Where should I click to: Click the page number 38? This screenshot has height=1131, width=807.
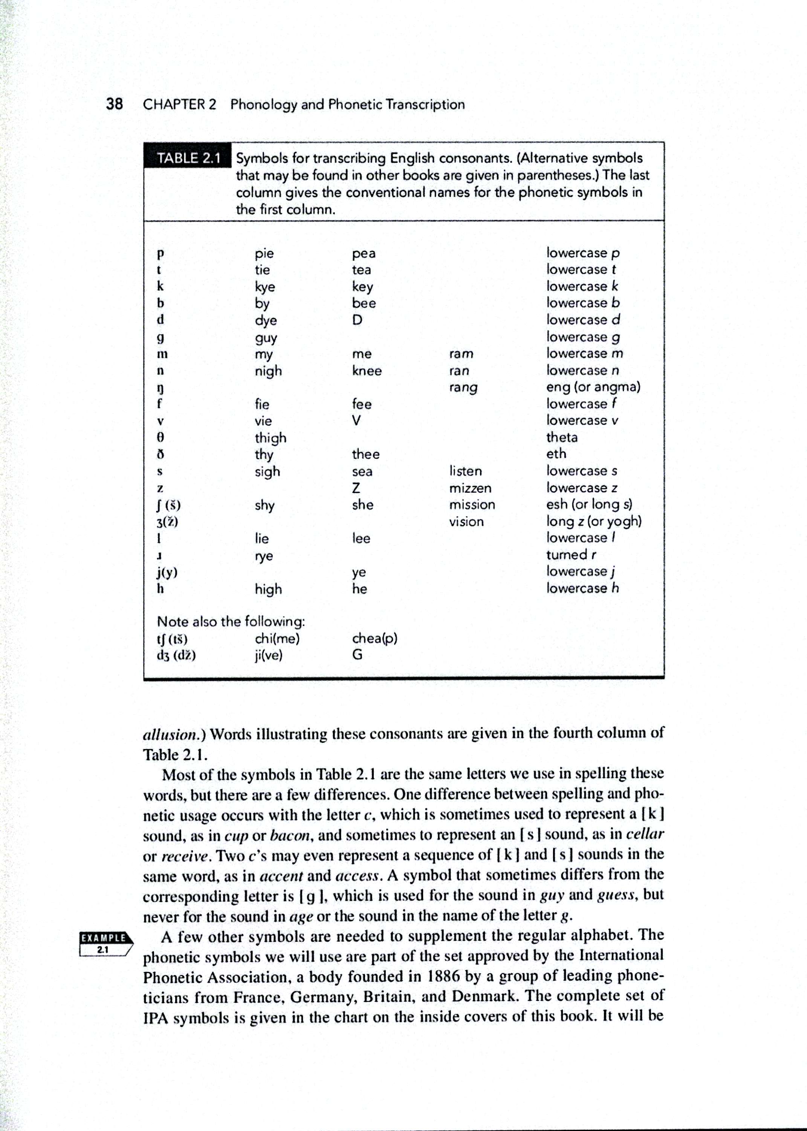pyautogui.click(x=114, y=104)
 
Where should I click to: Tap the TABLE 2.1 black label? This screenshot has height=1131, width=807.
pyautogui.click(x=188, y=158)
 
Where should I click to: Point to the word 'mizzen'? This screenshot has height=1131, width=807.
pyautogui.click(x=470, y=488)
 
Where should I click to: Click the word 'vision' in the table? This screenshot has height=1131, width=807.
pyautogui.click(x=466, y=521)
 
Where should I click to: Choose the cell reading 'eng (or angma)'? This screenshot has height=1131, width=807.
pyautogui.click(x=593, y=387)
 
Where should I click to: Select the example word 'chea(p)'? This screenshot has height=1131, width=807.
pyautogui.click(x=374, y=638)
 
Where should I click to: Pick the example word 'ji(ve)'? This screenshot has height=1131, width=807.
pyautogui.click(x=268, y=656)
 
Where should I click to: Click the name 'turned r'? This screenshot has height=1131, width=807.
pyautogui.click(x=571, y=554)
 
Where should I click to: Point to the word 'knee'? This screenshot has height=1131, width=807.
pyautogui.click(x=367, y=371)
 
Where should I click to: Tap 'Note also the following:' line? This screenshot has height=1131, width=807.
pyautogui.click(x=231, y=621)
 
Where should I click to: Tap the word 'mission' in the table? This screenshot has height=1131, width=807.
pyautogui.click(x=472, y=504)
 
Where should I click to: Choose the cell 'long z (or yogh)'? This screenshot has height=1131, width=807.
pyautogui.click(x=594, y=521)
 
